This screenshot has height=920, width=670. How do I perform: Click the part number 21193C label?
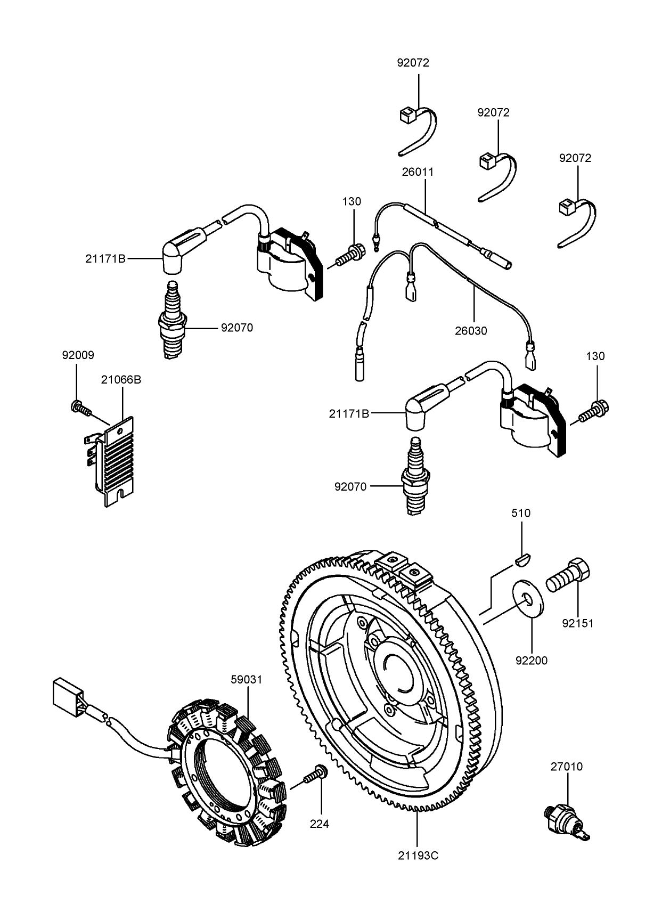coord(418,856)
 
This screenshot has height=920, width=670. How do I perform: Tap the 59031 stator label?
coord(247,680)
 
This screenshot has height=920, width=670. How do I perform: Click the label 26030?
coord(471,331)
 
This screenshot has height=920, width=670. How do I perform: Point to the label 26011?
coord(418,172)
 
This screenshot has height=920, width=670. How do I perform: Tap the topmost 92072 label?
coord(413,62)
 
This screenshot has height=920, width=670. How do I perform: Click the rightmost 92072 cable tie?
coord(578,222)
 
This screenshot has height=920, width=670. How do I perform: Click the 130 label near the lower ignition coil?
coord(595,356)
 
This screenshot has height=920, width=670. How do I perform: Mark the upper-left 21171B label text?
coord(105,259)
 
